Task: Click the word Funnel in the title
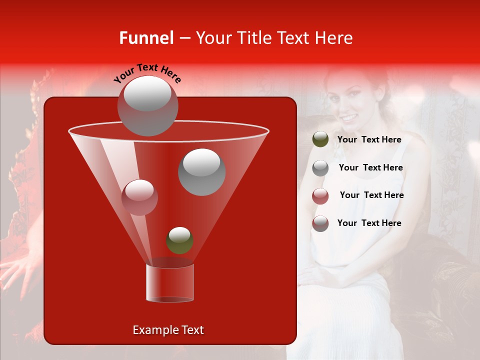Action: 146,38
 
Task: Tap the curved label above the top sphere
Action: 147,73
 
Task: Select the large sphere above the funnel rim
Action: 147,105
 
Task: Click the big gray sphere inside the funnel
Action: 201,171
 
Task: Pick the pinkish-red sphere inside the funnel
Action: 139,197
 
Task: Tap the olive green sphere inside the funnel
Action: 179,240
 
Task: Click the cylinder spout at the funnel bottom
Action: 169,282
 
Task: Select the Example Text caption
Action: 168,330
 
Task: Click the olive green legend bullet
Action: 320,139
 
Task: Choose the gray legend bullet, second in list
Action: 320,168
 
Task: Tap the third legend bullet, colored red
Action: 320,195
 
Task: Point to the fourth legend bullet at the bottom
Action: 320,223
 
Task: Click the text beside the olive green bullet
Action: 369,140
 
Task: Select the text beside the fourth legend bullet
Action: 369,223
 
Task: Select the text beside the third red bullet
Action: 371,195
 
